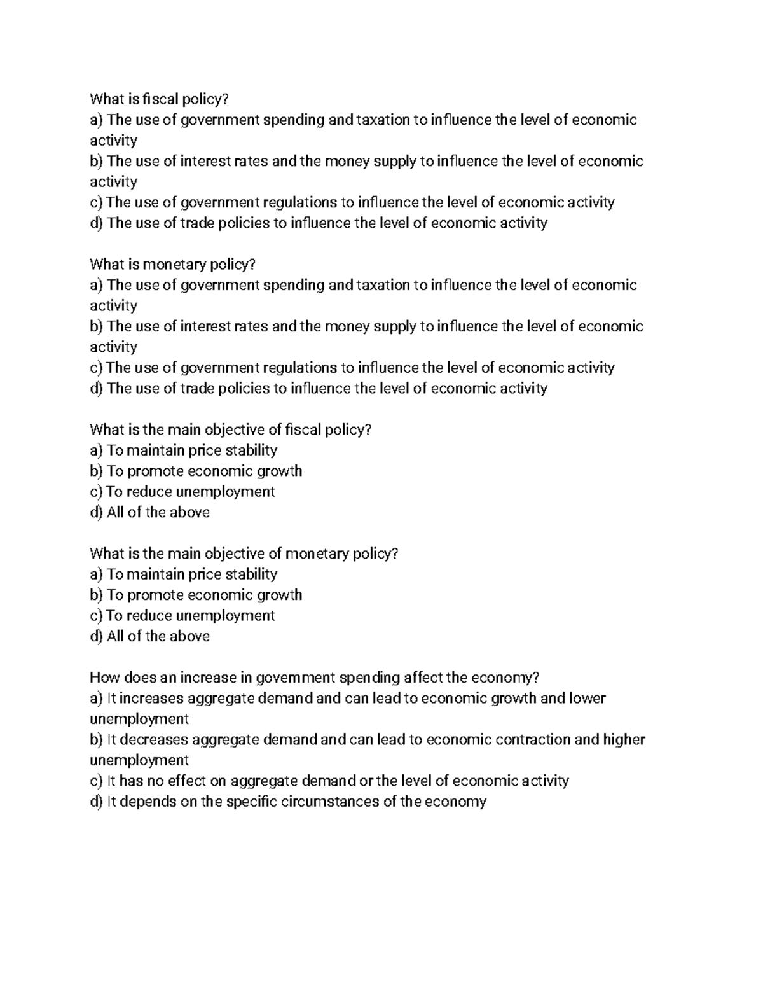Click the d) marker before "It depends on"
[96, 801]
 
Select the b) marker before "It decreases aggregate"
[96, 739]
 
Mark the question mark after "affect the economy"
[544, 678]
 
